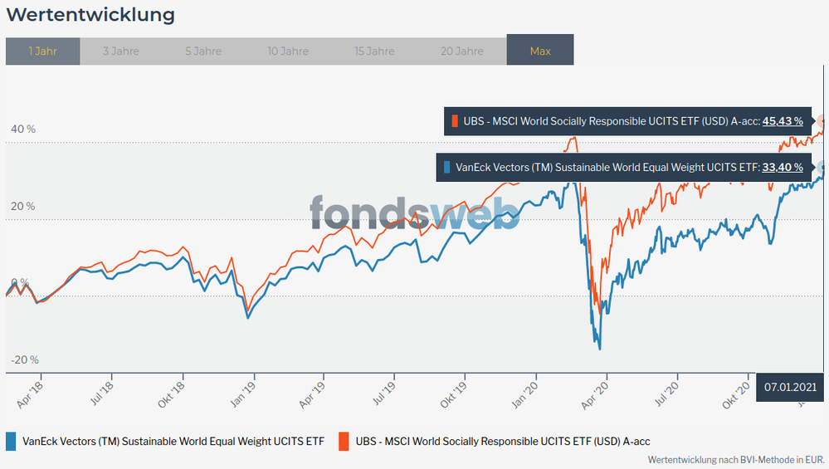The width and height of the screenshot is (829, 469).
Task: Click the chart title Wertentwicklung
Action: coord(90,15)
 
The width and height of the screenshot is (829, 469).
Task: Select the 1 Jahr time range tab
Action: coord(42,51)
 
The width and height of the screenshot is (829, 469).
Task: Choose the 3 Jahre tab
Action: coord(121,51)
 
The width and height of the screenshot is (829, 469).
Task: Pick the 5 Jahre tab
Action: coord(203,51)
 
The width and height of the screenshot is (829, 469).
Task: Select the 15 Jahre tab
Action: coord(374,51)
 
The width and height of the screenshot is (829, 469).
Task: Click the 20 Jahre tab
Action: coord(461,51)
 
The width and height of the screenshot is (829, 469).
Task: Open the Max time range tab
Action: coord(540,51)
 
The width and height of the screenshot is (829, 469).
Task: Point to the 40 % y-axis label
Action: coord(24,129)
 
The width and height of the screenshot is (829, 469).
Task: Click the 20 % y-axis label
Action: coord(24,206)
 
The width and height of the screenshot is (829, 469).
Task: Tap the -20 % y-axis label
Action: coord(24,359)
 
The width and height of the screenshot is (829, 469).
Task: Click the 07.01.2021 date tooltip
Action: coord(791,387)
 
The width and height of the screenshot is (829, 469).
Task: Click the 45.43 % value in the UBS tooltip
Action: coord(783,121)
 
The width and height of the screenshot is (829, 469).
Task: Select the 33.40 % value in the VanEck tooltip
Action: coord(783,168)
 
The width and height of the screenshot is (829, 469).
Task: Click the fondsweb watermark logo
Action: coord(415,213)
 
